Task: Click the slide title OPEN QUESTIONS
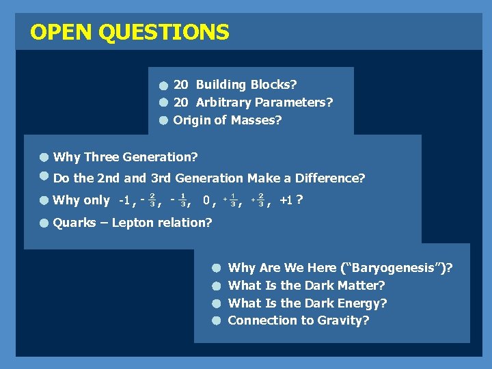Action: pyautogui.click(x=130, y=32)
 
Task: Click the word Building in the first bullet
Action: pyautogui.click(x=223, y=85)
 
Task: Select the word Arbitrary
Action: pyautogui.click(x=223, y=102)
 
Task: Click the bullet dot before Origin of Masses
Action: pyautogui.click(x=164, y=121)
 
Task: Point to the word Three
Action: pyautogui.click(x=101, y=157)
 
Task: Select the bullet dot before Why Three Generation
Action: pyautogui.click(x=43, y=158)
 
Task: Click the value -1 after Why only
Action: pyautogui.click(x=124, y=200)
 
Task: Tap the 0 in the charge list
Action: pyautogui.click(x=206, y=200)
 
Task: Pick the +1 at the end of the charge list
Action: pyautogui.click(x=286, y=200)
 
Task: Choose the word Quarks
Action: pyautogui.click(x=74, y=222)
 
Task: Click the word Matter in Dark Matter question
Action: pyautogui.click(x=362, y=286)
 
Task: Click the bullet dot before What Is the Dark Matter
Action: pyautogui.click(x=215, y=286)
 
